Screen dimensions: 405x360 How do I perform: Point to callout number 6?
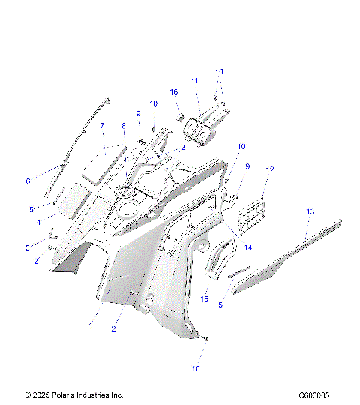point(28,181)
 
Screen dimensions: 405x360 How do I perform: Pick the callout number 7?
point(103,127)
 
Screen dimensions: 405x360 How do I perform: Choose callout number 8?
point(124,127)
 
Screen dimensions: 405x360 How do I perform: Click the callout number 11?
point(194,80)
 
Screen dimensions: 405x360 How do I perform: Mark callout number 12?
point(269,170)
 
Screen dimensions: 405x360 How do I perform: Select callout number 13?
point(310,213)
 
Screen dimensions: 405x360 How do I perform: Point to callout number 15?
point(205,298)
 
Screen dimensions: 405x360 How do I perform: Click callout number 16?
point(174,91)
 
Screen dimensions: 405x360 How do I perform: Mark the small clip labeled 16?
point(181,117)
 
